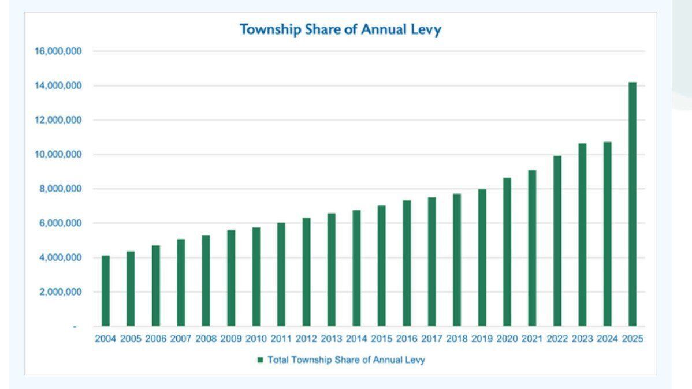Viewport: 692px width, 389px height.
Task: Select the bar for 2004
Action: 106,291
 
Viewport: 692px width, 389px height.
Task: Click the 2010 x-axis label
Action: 256,339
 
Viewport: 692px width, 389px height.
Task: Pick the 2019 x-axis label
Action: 482,339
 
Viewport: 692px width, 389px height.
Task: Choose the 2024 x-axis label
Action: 607,339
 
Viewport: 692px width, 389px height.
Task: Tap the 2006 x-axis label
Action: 156,339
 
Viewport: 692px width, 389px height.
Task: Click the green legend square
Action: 260,360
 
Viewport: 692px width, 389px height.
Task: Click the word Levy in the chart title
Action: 427,29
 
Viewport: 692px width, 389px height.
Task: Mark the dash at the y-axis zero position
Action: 74,327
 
